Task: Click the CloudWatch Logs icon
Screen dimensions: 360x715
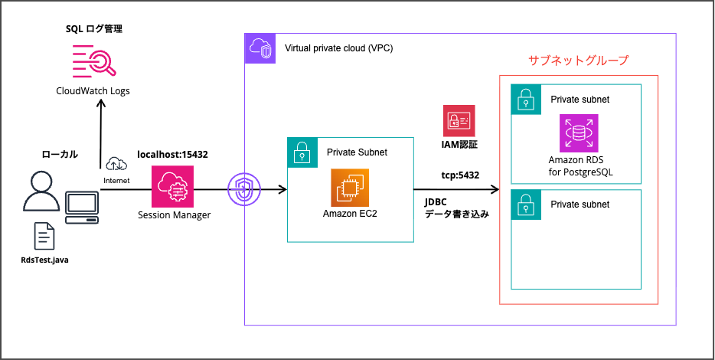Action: pos(93,60)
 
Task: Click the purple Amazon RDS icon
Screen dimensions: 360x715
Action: pos(580,133)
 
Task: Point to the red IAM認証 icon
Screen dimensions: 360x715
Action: pos(459,121)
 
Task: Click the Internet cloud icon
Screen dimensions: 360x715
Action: pos(116,163)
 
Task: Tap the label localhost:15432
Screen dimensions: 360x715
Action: pos(172,154)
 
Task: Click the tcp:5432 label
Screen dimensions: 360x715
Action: pos(461,175)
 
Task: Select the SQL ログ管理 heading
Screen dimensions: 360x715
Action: pos(93,28)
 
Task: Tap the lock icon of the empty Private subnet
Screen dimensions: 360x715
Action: pos(524,204)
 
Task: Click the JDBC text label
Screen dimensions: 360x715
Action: pos(437,202)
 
